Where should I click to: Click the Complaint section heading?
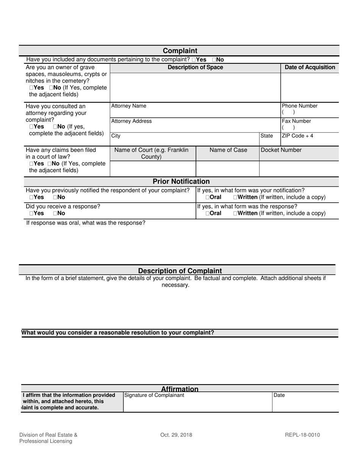coord(180,51)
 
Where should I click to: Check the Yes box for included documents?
coord(194,59)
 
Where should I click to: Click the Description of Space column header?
coord(195,67)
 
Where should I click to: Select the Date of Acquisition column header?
coord(310,67)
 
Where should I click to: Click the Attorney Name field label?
coord(128,106)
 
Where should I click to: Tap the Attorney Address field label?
coord(131,121)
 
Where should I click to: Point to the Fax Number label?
coord(296,121)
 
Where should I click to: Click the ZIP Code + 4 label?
coord(297,136)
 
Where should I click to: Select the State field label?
coord(266,136)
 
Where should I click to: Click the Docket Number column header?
coord(281,150)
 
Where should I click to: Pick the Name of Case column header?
coord(228,150)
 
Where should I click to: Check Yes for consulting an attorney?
coord(31,127)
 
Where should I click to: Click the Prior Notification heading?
coord(181,181)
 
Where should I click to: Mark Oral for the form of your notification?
coord(208,197)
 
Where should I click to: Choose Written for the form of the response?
coord(236,213)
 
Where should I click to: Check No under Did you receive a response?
coord(55,213)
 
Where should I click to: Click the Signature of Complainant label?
coord(154,395)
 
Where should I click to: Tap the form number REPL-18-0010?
coord(302,435)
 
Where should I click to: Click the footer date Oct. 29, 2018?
coord(176,435)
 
